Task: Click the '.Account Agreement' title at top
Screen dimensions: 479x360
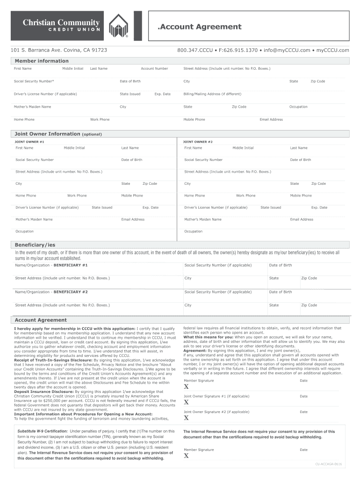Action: point(200,27)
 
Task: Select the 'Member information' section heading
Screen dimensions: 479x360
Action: point(42,61)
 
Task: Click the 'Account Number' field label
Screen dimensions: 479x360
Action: point(154,69)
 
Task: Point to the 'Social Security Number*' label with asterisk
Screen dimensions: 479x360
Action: point(34,81)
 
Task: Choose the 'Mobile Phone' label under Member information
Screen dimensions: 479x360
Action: point(194,120)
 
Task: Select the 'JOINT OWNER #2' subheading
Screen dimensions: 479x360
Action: point(198,141)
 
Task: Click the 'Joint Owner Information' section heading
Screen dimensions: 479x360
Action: point(48,134)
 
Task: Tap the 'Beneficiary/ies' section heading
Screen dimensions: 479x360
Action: point(35,245)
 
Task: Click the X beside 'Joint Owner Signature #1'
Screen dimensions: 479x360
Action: point(186,402)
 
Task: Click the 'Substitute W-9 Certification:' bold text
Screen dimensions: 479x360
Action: point(43,431)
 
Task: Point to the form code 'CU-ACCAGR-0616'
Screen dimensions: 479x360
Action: point(329,464)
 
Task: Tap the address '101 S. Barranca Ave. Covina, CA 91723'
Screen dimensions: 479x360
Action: point(59,50)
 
